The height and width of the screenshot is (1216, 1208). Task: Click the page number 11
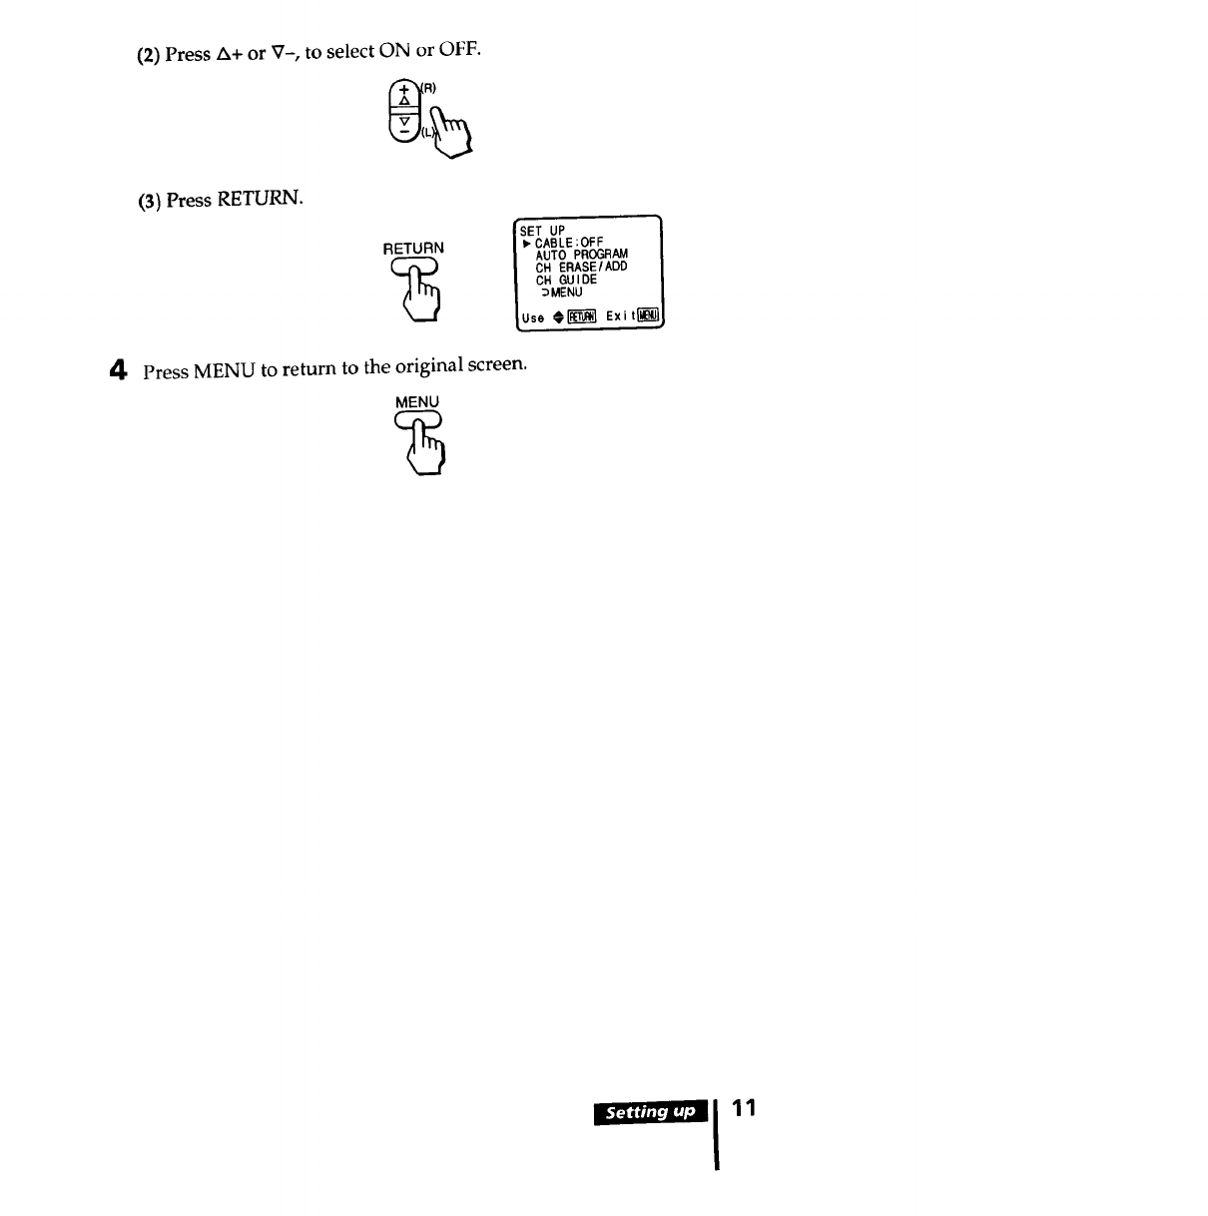click(x=744, y=1109)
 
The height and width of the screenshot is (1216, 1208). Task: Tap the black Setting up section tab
click(x=650, y=1112)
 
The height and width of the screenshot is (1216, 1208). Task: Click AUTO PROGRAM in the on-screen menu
click(x=581, y=255)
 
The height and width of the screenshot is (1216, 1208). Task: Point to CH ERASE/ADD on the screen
click(x=581, y=267)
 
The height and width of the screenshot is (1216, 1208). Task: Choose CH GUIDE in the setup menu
click(x=566, y=280)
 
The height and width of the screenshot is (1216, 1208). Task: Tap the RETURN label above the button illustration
click(x=413, y=248)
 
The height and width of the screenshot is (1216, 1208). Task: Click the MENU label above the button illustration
click(x=416, y=401)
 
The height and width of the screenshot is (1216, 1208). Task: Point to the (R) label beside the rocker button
click(x=427, y=89)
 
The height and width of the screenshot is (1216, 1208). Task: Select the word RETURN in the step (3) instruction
click(x=259, y=199)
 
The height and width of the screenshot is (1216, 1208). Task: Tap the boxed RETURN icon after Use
click(x=581, y=317)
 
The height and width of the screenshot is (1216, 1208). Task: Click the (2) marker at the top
click(x=148, y=55)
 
